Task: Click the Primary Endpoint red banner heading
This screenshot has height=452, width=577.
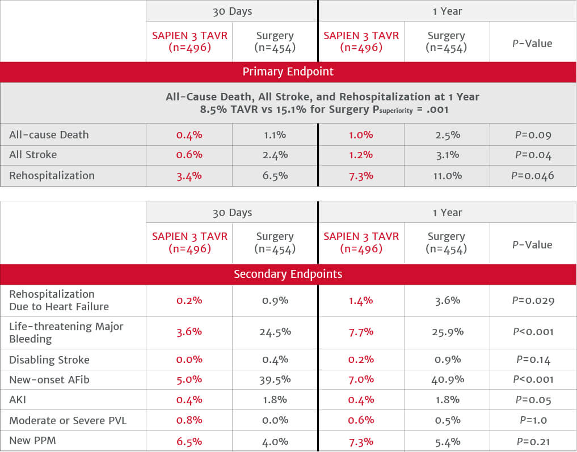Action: (x=288, y=72)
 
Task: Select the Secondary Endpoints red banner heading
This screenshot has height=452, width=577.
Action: (x=288, y=274)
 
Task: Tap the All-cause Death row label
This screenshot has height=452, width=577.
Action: (x=49, y=135)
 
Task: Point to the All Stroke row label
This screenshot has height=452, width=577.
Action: (x=33, y=155)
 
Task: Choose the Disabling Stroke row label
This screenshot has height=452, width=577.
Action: (x=49, y=360)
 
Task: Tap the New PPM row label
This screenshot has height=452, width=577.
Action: (x=32, y=440)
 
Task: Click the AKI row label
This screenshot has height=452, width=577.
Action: (x=18, y=400)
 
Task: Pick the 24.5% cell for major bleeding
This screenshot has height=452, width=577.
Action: (x=275, y=332)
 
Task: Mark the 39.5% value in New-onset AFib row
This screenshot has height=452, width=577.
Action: (x=275, y=379)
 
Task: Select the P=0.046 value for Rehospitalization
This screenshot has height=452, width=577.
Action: (x=532, y=176)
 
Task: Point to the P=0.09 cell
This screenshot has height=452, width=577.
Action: (x=532, y=135)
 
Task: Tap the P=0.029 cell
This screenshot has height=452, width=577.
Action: (x=532, y=301)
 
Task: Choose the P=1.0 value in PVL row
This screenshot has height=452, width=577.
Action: (x=532, y=420)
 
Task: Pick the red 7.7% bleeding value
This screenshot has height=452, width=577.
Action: (x=360, y=332)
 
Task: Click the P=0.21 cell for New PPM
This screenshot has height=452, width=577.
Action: (x=532, y=441)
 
